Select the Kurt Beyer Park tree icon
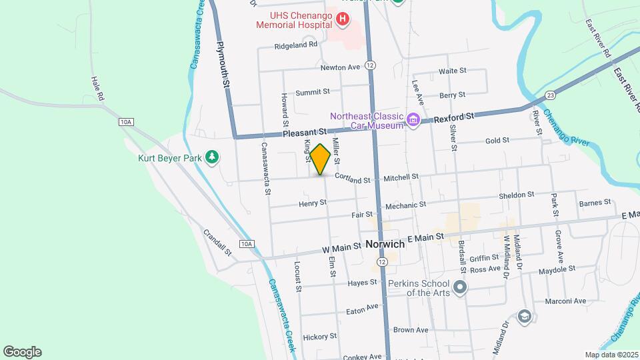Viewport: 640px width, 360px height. coord(212,157)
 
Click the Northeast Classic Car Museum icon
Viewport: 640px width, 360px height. coord(413,121)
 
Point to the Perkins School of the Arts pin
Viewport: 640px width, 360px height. coord(459,287)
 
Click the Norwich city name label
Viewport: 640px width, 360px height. coord(385,245)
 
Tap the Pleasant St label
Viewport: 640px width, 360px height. coord(305,133)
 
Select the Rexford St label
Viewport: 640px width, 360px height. coord(454,117)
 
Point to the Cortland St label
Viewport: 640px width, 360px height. coord(352,179)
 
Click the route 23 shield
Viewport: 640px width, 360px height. coord(549,94)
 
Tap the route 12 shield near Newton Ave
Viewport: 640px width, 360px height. coord(371,65)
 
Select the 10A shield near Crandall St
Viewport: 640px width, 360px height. coord(246,244)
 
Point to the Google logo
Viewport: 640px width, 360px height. coord(22,352)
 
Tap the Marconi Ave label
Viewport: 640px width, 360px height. coord(568,301)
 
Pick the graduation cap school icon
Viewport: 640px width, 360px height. coord(525,316)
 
